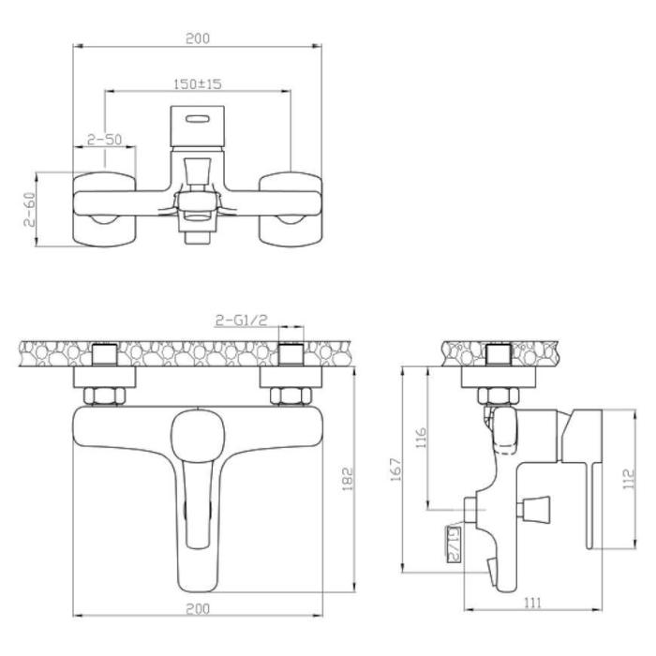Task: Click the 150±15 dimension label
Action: click(197, 84)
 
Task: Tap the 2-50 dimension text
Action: click(105, 140)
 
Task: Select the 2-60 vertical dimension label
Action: click(30, 209)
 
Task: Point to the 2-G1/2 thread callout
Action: click(242, 321)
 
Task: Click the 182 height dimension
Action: click(348, 479)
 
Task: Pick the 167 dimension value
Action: click(395, 470)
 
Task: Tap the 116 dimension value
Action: click(421, 438)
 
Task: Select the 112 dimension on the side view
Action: click(629, 479)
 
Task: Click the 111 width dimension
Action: click(532, 603)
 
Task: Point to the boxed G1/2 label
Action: click(454, 544)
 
